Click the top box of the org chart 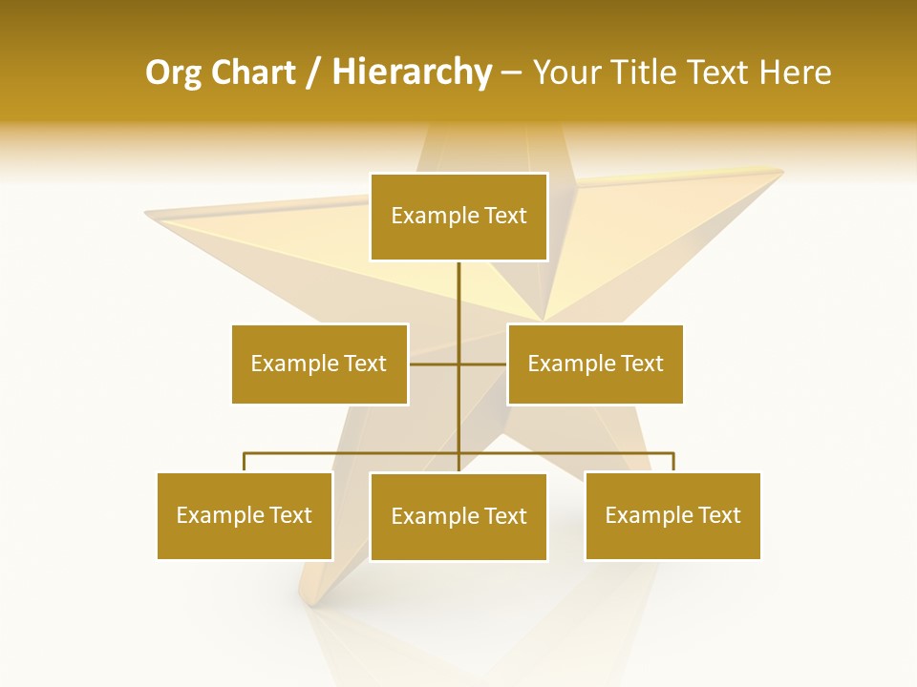click(458, 217)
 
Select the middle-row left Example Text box click(319, 364)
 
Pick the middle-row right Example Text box click(595, 364)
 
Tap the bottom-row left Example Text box click(245, 515)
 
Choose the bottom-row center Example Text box click(458, 516)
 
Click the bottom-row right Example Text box click(672, 515)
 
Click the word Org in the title click(173, 73)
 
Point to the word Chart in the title click(253, 73)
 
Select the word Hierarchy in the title click(411, 73)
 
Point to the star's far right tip click(781, 172)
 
